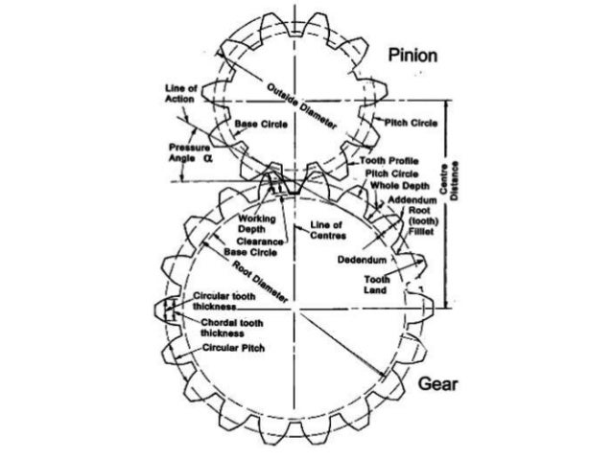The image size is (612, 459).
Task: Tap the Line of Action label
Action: pos(181,95)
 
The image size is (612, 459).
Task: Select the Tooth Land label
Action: pos(375,284)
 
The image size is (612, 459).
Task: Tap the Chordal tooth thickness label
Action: pos(225,326)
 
